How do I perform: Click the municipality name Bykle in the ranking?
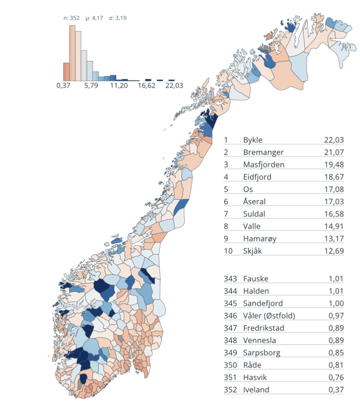[253, 140]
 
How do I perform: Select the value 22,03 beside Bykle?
[333, 140]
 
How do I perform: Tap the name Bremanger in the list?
[263, 152]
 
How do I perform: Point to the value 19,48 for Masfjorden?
[334, 165]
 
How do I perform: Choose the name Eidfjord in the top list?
[257, 177]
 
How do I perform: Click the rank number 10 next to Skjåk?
[227, 251]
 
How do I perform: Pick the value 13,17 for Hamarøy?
[334, 239]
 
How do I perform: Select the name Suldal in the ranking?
[254, 214]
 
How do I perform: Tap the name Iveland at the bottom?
[256, 390]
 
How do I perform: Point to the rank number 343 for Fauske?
[230, 279]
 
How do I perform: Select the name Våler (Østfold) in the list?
[269, 316]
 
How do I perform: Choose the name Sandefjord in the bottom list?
[263, 304]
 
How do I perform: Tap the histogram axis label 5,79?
[91, 86]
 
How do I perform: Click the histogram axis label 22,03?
[174, 86]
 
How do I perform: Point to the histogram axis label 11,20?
[118, 86]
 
